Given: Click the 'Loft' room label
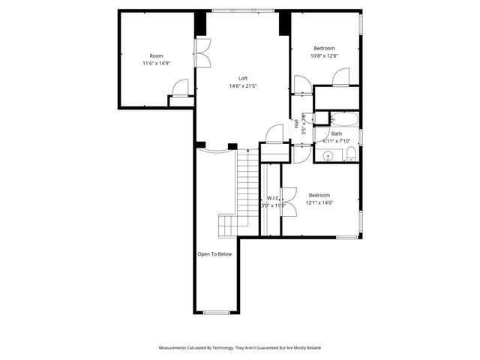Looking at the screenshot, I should [243, 78].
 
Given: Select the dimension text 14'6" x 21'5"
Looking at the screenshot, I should [243, 85].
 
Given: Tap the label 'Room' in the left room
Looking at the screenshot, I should [156, 55].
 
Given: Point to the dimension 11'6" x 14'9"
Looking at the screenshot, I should [156, 63].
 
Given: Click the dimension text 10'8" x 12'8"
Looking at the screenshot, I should [325, 55].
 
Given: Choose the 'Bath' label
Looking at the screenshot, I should [336, 133].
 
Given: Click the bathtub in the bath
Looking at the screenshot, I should [345, 118].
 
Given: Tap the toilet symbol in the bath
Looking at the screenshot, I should [350, 155].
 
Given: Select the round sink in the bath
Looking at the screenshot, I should [326, 156].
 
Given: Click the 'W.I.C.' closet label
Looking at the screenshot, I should [271, 198].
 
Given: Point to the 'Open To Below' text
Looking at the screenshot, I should [214, 254].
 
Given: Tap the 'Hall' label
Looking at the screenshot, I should [296, 125].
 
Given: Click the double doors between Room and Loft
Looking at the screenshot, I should [203, 52].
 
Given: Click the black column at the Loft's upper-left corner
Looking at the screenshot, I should [200, 23].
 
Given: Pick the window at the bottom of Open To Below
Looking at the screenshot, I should [216, 312].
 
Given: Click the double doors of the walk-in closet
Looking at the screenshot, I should [289, 202].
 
